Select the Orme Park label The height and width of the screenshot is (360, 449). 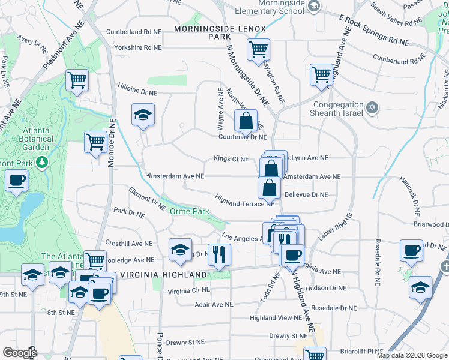click(x=189, y=211)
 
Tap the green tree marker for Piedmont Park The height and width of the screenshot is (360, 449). click(x=41, y=162)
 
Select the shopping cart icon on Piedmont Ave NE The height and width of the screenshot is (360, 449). click(x=77, y=80)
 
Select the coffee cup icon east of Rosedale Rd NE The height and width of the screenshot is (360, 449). click(x=412, y=250)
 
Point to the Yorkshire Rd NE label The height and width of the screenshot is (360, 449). click(x=134, y=47)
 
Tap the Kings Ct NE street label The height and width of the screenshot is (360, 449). click(x=231, y=159)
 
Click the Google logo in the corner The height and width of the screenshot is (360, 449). click(x=20, y=353)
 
